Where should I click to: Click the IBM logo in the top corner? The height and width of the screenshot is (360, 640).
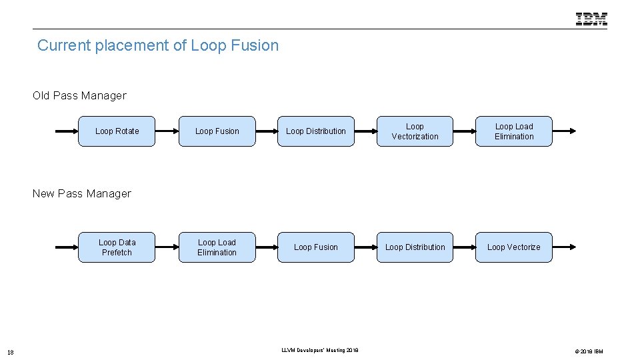point(591,19)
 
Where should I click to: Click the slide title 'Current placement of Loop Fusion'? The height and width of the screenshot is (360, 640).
point(158,45)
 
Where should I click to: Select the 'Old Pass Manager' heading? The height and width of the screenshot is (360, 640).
point(79,95)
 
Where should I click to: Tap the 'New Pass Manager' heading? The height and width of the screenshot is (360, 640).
point(82,193)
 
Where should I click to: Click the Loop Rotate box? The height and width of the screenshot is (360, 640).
point(117,131)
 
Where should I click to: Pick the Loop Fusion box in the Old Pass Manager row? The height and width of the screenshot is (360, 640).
point(217,131)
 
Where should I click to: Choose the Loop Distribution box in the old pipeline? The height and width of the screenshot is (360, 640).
point(316,131)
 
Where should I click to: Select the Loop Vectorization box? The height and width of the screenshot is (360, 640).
point(415,131)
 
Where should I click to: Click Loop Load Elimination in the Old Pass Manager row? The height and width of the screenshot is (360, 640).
point(514,131)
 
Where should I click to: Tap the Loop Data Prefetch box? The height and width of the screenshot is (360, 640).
point(117,247)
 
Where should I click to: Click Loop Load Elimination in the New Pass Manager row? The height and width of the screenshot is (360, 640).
point(217,247)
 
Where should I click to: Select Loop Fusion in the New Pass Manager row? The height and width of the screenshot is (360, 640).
point(316,247)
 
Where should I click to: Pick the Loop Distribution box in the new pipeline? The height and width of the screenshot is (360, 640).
point(415,247)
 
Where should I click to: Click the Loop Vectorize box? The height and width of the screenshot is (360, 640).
point(514,247)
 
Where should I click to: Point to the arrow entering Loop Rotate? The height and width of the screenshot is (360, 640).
point(67,131)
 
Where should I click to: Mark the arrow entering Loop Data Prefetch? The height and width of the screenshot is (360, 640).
point(67,247)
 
